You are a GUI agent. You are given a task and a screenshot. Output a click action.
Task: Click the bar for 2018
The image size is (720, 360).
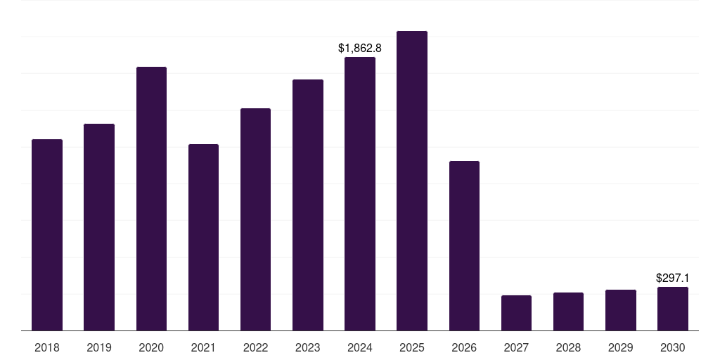click(x=47, y=235)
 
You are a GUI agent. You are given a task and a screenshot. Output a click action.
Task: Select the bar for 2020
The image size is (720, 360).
click(x=151, y=198)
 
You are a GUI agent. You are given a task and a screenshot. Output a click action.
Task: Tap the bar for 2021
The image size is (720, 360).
click(x=203, y=237)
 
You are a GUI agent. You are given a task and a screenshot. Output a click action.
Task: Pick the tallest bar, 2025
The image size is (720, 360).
click(x=412, y=181)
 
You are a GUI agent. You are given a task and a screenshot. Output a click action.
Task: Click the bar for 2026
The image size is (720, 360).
click(x=464, y=245)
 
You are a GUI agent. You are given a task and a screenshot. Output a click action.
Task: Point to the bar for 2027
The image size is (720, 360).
click(x=516, y=313)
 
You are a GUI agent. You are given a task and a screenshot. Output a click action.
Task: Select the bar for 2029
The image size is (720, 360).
click(x=621, y=310)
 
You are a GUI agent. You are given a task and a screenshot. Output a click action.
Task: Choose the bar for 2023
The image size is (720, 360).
click(x=308, y=205)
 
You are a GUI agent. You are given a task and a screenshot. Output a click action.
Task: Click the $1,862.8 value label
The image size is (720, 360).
click(x=360, y=49)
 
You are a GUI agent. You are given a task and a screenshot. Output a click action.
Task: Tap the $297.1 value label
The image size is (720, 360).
click(x=672, y=278)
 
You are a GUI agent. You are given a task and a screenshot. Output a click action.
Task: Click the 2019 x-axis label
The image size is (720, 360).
click(x=99, y=347)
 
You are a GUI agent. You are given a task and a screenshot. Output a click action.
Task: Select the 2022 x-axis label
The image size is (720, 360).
click(x=255, y=347)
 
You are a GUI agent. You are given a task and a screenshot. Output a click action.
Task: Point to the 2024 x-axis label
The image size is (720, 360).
click(x=360, y=347)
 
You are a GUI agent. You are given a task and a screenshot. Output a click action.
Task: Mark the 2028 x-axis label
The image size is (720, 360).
click(x=568, y=347)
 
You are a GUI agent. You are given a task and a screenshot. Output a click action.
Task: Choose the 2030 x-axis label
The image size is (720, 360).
click(x=673, y=347)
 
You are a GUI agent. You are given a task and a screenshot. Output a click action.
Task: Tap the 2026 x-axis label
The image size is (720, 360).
click(x=464, y=347)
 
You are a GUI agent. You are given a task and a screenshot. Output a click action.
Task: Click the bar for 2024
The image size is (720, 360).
click(x=360, y=193)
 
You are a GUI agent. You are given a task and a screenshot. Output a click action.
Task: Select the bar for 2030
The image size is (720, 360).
click(x=673, y=309)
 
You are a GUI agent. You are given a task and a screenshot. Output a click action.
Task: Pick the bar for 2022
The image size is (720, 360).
click(x=255, y=219)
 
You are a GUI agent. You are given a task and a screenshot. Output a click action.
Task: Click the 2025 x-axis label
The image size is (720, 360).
click(x=412, y=347)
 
